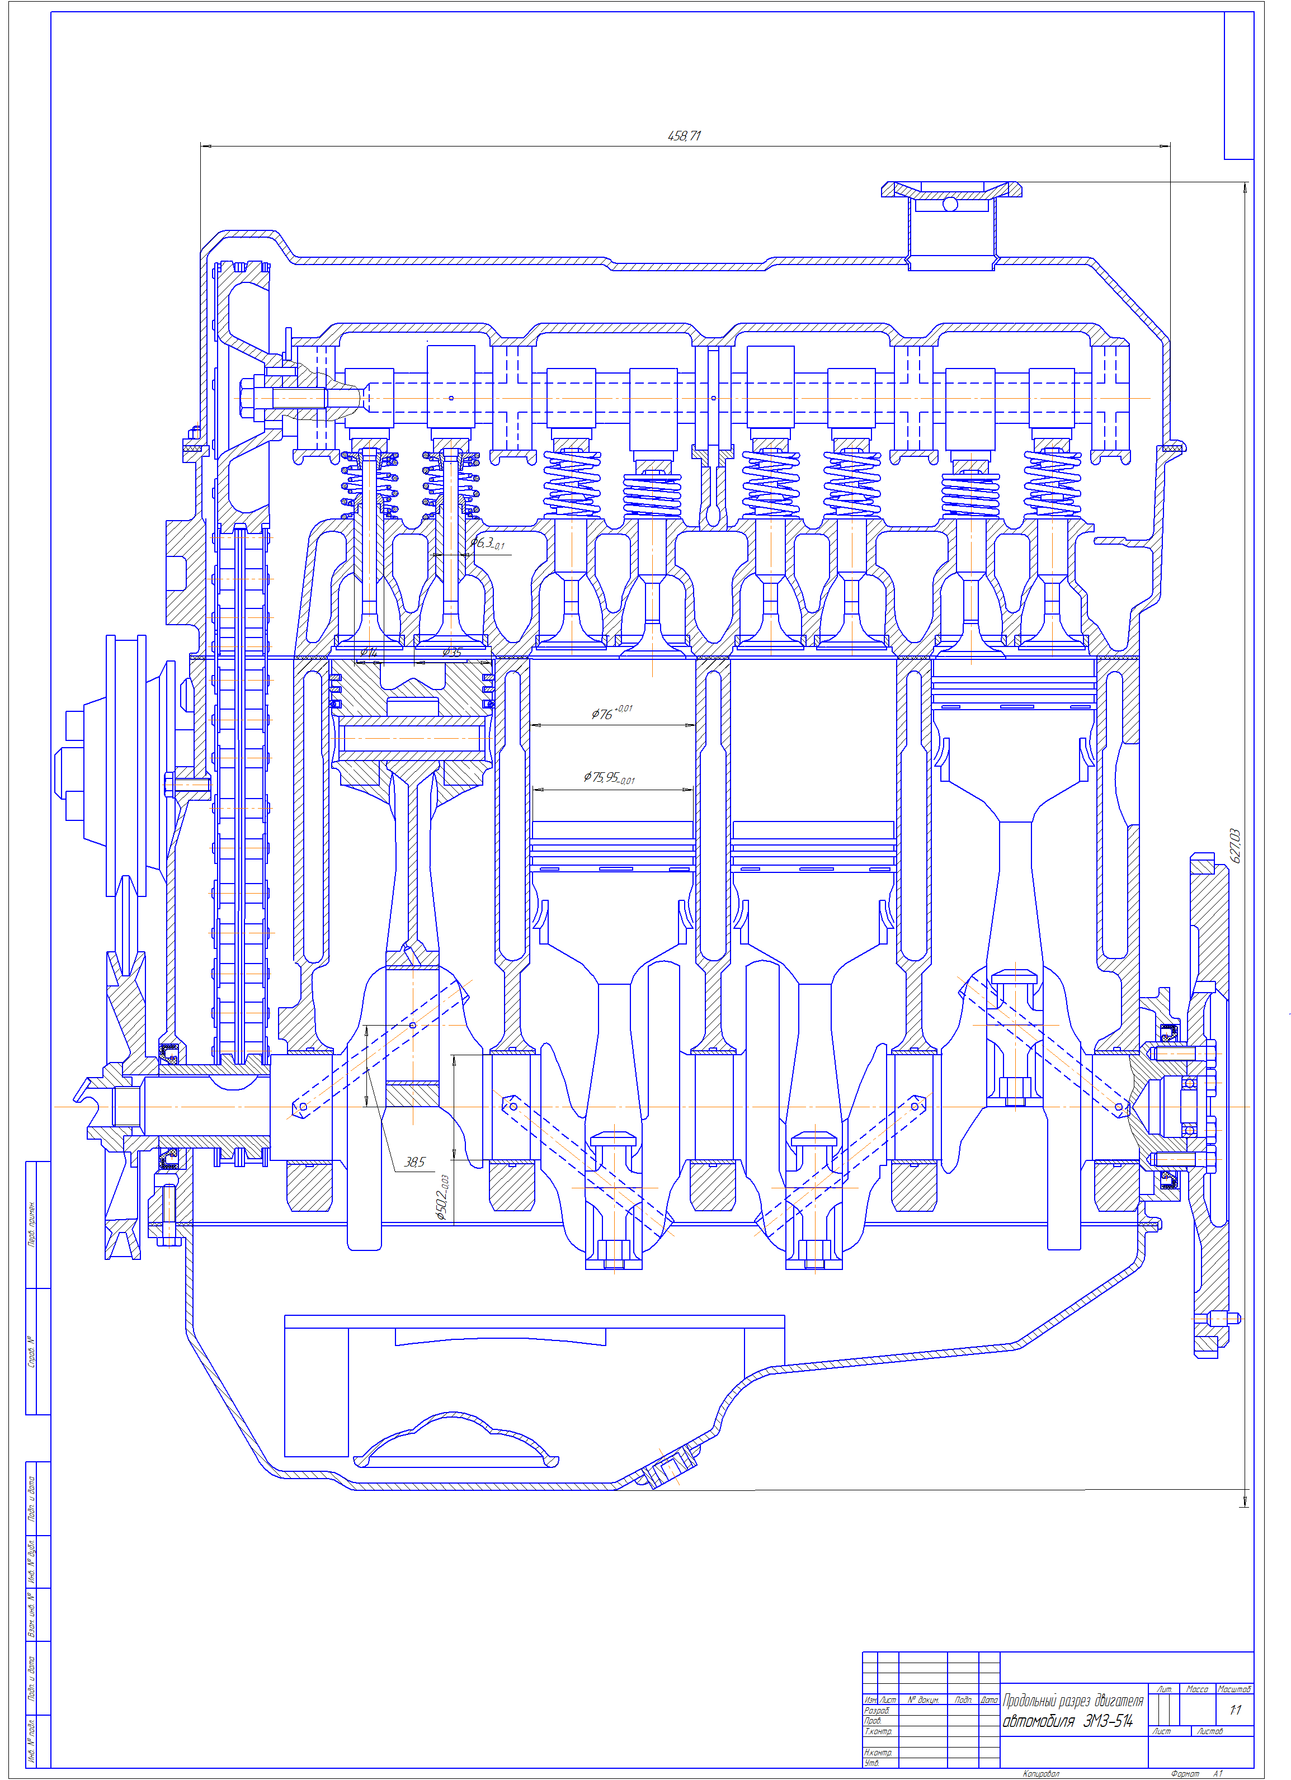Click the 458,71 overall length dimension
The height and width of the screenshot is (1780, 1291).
click(x=684, y=136)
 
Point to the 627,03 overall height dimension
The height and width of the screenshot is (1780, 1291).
click(x=1235, y=846)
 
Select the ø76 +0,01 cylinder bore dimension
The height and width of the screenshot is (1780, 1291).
click(x=611, y=712)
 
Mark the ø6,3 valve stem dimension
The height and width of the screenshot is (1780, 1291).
click(x=487, y=543)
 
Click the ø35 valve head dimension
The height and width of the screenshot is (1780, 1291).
click(x=452, y=651)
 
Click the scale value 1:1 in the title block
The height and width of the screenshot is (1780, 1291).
click(x=1235, y=1710)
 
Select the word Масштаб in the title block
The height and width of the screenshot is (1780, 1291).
click(x=1234, y=1688)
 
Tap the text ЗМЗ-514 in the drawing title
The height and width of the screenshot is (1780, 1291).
click(x=1108, y=1721)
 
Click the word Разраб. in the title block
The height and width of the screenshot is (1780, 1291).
click(x=877, y=1710)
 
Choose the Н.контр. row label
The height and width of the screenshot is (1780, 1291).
click(x=878, y=1751)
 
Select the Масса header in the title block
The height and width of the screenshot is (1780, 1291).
click(x=1197, y=1688)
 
